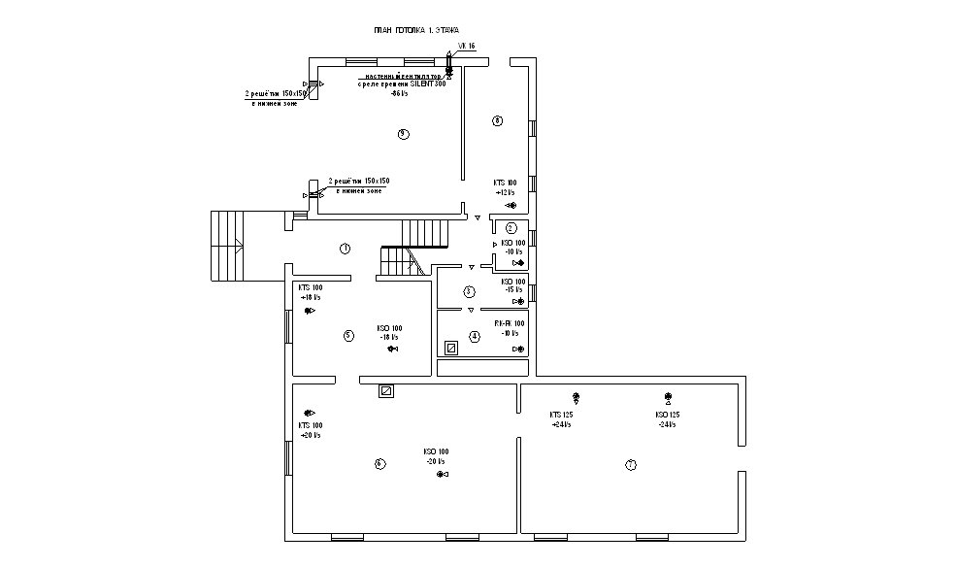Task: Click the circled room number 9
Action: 403,134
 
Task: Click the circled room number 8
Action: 497,121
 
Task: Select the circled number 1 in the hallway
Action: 345,249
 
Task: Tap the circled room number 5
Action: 348,336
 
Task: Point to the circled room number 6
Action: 379,463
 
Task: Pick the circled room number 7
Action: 631,466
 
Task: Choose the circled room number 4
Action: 475,337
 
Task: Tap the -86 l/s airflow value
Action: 398,94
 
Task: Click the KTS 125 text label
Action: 561,415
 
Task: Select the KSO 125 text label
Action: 667,415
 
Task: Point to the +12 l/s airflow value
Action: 504,192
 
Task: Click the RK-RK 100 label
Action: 510,323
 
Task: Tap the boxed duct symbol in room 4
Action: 450,347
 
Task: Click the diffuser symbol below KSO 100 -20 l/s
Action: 442,476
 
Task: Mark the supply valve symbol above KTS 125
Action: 576,396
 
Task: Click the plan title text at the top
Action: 416,31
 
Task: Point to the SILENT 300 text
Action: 426,84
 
